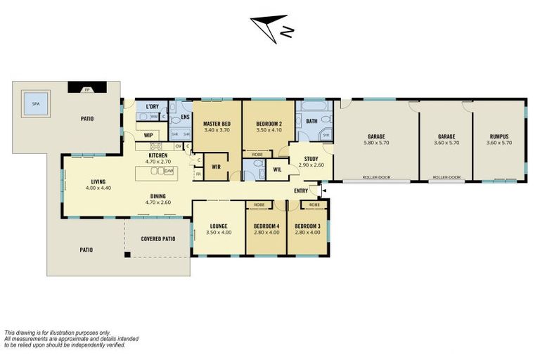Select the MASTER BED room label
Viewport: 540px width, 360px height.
pos(217,124)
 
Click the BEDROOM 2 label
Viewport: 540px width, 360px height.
pos(268,124)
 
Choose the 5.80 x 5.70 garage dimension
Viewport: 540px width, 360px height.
pos(376,143)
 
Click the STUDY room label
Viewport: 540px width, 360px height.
pos(311,158)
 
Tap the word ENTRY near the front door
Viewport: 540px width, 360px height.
pos(301,191)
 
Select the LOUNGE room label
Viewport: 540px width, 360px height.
pos(219,226)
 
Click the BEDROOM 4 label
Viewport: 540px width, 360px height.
pos(266,226)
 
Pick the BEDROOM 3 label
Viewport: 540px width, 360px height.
pos(307,226)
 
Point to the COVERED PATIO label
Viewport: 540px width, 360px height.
pos(157,238)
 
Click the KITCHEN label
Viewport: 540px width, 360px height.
pos(157,155)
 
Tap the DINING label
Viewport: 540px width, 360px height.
pos(157,196)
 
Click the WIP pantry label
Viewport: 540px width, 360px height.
pos(148,134)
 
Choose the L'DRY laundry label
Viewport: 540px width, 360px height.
pos(152,107)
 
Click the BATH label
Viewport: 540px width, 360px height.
pos(311,120)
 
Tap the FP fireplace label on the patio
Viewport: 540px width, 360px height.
pos(87,89)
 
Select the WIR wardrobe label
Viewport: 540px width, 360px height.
pos(217,167)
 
